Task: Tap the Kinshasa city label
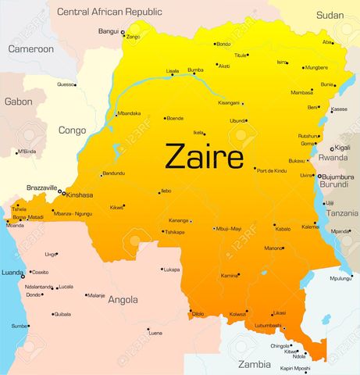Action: click(80, 195)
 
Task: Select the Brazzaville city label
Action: click(42, 187)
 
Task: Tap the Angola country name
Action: click(123, 299)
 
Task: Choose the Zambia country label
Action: click(254, 364)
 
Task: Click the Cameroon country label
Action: click(30, 48)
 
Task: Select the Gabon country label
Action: click(18, 102)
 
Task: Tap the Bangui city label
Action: click(108, 31)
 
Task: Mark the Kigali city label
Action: click(344, 148)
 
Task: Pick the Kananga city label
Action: click(179, 220)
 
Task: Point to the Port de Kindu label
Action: click(272, 170)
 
